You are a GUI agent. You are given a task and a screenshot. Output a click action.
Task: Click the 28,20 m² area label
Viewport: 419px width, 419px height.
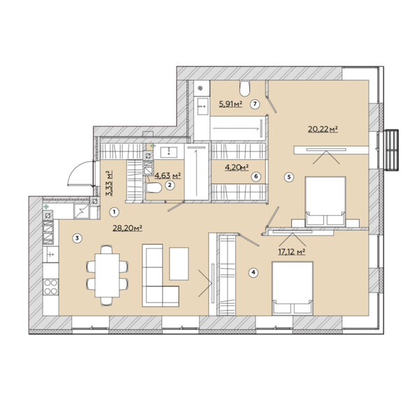[127, 228]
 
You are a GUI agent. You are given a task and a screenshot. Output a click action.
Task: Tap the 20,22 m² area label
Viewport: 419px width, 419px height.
[323, 129]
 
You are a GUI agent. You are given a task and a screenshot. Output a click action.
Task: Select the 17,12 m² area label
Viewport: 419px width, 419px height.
[292, 251]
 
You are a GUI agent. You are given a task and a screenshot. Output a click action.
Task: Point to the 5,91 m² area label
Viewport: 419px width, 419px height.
[230, 103]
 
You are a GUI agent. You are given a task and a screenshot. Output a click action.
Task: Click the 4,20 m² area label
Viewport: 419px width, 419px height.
[237, 168]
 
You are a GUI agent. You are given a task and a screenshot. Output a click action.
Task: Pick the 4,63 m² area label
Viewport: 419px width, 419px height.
[168, 175]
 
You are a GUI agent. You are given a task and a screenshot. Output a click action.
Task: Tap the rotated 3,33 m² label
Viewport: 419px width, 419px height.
[109, 183]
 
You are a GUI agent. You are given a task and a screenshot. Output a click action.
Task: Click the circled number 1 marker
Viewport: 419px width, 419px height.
[114, 212]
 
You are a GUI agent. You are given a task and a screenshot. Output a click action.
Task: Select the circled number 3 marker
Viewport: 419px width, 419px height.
[78, 238]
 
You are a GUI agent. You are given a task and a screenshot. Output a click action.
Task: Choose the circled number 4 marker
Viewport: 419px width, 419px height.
[253, 272]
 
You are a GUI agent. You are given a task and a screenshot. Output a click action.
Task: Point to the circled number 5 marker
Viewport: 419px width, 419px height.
[289, 177]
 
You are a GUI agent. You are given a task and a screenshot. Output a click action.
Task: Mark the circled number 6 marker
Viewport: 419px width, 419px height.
[256, 177]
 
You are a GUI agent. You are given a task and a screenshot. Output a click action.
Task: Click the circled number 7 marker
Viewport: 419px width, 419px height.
[255, 104]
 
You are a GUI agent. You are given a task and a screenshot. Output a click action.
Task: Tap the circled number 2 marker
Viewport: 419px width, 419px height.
[170, 185]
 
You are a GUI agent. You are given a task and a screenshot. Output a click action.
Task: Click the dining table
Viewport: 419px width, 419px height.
[107, 275]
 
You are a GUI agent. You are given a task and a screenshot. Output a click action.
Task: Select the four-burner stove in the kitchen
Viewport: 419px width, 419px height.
[51, 287]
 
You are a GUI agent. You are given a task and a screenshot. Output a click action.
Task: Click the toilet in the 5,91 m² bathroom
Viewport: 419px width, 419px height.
[244, 89]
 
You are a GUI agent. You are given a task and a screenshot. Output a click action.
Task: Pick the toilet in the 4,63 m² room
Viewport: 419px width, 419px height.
[154, 188]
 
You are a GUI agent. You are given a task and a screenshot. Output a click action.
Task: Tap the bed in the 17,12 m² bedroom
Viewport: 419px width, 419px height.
[293, 288]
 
